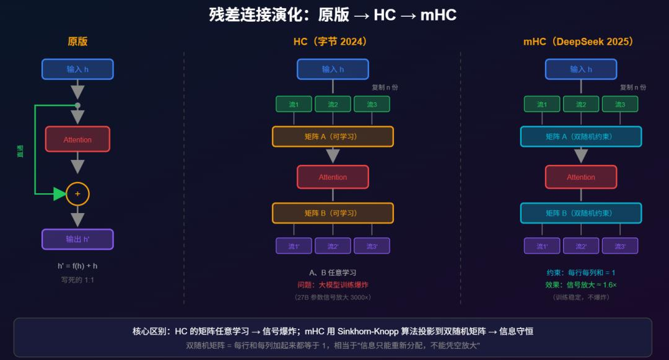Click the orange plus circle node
[x=77, y=194]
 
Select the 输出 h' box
[x=77, y=239]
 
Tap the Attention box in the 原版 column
[x=77, y=139]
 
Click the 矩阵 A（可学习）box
[x=333, y=136]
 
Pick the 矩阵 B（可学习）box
[x=333, y=213]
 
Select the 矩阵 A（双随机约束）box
[x=580, y=136]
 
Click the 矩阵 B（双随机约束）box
[x=580, y=213]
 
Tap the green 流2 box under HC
[x=333, y=104]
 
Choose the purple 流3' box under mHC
[x=619, y=246]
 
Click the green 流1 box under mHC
[x=542, y=104]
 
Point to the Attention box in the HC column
[x=333, y=177]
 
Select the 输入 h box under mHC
[x=580, y=69]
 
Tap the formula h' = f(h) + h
[x=77, y=266]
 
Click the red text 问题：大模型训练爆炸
[x=333, y=285]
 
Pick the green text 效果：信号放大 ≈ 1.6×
[x=580, y=285]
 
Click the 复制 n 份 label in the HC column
[x=384, y=87]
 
